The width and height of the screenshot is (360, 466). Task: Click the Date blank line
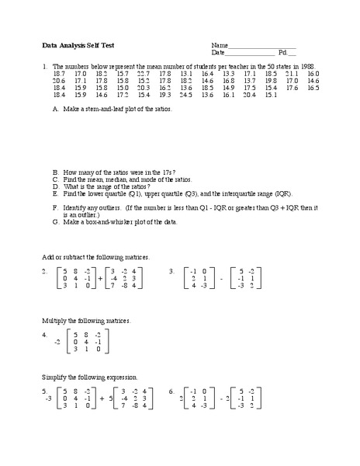[250, 53]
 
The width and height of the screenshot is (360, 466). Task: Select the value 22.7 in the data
[142, 73]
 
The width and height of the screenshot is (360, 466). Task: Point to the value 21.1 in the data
[292, 73]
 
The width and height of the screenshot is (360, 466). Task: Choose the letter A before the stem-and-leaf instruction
[55, 110]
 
